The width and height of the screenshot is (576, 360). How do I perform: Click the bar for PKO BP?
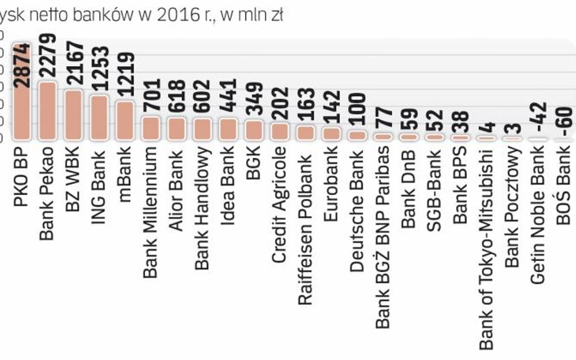tap(22, 115)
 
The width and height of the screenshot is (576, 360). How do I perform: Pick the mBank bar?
tap(125, 121)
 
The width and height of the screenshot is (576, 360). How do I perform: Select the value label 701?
tap(151, 97)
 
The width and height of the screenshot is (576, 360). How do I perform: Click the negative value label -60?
tap(566, 119)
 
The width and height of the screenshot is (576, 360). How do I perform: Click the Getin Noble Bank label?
tap(538, 216)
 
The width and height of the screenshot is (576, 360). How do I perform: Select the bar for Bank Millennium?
tap(151, 129)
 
